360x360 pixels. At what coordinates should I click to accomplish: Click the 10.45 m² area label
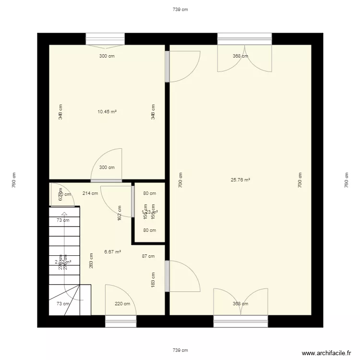pyautogui.click(x=107, y=111)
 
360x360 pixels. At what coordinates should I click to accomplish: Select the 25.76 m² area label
pyautogui.click(x=240, y=180)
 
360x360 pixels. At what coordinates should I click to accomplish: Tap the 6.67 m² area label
pyautogui.click(x=112, y=251)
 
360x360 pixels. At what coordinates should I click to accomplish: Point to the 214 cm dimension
pyautogui.click(x=90, y=193)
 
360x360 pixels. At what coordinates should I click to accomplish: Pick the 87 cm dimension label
pyautogui.click(x=148, y=256)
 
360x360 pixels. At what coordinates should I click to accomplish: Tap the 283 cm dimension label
pyautogui.click(x=91, y=261)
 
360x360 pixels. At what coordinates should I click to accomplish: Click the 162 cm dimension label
pyautogui.click(x=120, y=213)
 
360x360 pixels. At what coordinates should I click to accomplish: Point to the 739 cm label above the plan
pyautogui.click(x=180, y=9)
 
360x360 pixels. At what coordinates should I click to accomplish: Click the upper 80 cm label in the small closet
pyautogui.click(x=149, y=193)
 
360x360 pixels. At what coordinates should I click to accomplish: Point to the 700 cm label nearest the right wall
pyautogui.click(x=300, y=180)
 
